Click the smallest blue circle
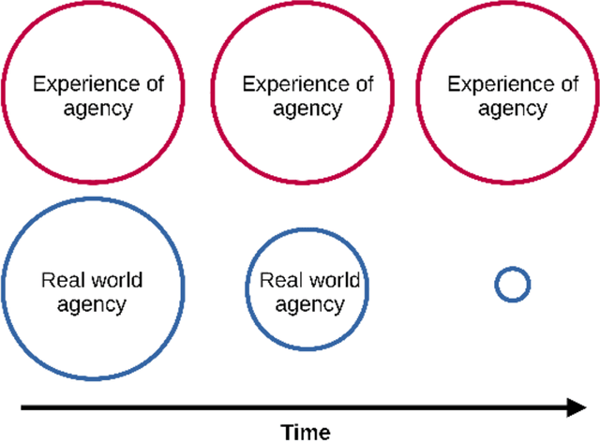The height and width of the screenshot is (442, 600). point(513,284)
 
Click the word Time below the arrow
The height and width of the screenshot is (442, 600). point(306,432)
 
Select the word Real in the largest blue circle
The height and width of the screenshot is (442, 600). point(60,280)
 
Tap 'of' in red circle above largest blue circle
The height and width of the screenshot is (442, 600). point(154,84)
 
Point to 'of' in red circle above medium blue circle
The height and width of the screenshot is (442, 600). point(362,84)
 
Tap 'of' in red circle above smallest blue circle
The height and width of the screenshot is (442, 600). point(567,84)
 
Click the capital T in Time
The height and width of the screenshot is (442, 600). point(286,432)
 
